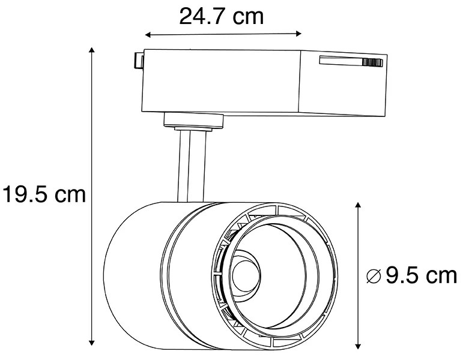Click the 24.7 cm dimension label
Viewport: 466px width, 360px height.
[x=221, y=16]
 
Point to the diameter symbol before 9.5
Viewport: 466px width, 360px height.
[x=374, y=277]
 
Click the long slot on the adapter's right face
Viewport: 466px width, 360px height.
[x=342, y=61]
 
